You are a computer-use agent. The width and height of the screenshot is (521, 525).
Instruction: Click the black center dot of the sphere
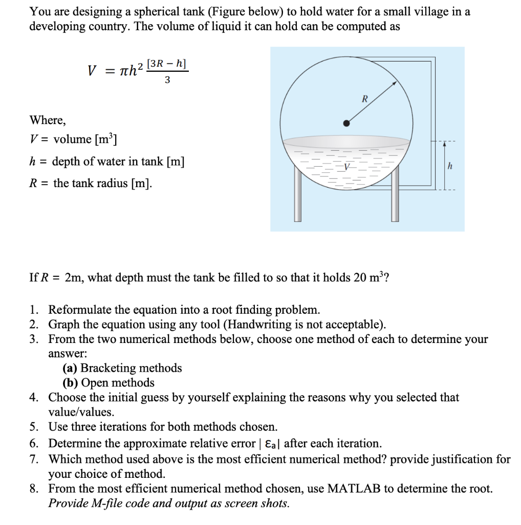[x=347, y=123]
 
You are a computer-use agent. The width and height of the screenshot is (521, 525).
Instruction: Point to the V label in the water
[x=347, y=168]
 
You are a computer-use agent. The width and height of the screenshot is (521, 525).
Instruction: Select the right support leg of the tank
[x=395, y=200]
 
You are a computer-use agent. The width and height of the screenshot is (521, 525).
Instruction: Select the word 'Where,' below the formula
[x=48, y=120]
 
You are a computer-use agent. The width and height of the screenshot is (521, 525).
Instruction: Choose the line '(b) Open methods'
[x=108, y=382]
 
